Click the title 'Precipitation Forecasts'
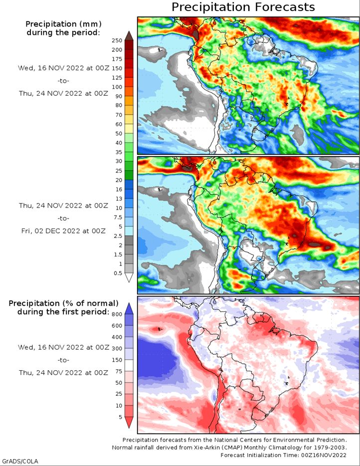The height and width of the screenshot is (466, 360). pyautogui.click(x=243, y=7)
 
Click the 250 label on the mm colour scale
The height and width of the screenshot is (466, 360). pyautogui.click(x=117, y=41)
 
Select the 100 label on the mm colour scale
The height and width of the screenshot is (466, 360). pyautogui.click(x=117, y=87)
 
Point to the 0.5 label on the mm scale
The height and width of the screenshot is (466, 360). pyautogui.click(x=118, y=273)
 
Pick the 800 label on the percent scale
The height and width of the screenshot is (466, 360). pyautogui.click(x=117, y=314)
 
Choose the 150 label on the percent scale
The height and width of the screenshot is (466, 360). pyautogui.click(x=117, y=360)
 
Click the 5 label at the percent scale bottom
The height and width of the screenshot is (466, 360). pyautogui.click(x=120, y=417)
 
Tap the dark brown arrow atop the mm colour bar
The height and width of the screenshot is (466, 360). pyautogui.click(x=129, y=35)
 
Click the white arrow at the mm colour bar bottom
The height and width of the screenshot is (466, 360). pyautogui.click(x=129, y=277)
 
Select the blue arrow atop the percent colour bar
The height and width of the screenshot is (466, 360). pyautogui.click(x=129, y=308)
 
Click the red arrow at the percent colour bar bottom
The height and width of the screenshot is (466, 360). pyautogui.click(x=129, y=422)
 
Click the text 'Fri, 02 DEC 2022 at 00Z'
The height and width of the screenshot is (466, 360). pyautogui.click(x=63, y=231)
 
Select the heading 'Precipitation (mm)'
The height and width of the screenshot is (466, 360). pyautogui.click(x=63, y=24)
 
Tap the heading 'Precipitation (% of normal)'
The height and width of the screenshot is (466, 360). pyautogui.click(x=63, y=303)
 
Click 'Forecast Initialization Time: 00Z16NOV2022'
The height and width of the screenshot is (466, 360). pyautogui.click(x=283, y=455)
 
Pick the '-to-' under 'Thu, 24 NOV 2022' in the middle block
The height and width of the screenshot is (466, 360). pyautogui.click(x=63, y=218)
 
